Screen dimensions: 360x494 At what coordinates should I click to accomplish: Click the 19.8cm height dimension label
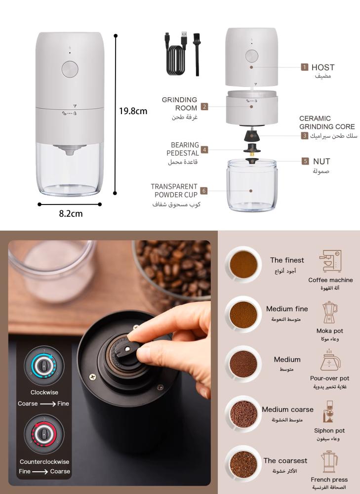(133, 111)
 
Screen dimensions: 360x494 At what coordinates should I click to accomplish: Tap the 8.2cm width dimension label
(71, 213)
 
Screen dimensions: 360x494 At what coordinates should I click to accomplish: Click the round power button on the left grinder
(70, 69)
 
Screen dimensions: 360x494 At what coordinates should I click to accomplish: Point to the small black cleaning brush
(197, 54)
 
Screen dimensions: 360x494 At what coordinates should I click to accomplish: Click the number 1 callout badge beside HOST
(305, 67)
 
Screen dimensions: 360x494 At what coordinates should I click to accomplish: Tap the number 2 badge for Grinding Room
(204, 107)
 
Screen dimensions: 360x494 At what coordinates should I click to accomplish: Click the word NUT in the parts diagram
(321, 162)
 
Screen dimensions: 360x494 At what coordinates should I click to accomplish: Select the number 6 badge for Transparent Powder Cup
(204, 191)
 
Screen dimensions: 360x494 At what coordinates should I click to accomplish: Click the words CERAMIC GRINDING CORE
(327, 123)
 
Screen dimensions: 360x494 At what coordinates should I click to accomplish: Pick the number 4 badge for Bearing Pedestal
(204, 150)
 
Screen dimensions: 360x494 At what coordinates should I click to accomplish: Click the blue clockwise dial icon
(44, 366)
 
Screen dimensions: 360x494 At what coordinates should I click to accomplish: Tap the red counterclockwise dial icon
(44, 434)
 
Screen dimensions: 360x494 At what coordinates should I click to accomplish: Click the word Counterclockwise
(44, 461)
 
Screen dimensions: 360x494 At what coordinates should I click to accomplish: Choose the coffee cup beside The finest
(243, 264)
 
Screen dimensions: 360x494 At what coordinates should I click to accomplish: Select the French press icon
(329, 461)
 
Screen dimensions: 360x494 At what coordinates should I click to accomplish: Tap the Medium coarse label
(287, 409)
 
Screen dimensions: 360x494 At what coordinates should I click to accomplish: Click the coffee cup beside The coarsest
(243, 464)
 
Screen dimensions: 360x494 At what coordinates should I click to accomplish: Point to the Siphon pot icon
(328, 412)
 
